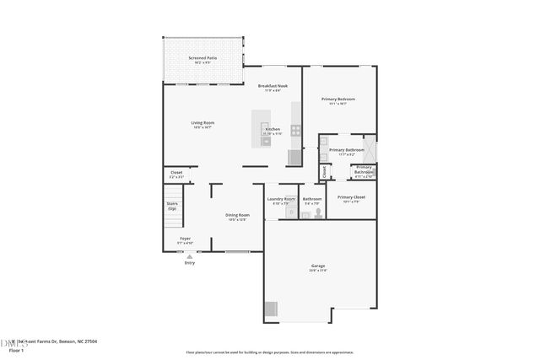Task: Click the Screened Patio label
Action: (x=202, y=59)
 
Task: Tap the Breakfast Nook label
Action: (x=273, y=87)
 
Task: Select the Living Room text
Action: (x=202, y=124)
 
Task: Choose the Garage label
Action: (x=318, y=268)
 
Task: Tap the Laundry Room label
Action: (x=282, y=201)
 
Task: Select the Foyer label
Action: (x=185, y=240)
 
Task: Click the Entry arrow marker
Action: (x=189, y=256)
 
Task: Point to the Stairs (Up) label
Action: (x=172, y=206)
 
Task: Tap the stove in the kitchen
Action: (x=296, y=130)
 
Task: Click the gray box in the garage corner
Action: (x=271, y=309)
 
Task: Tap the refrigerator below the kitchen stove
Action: (x=294, y=157)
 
